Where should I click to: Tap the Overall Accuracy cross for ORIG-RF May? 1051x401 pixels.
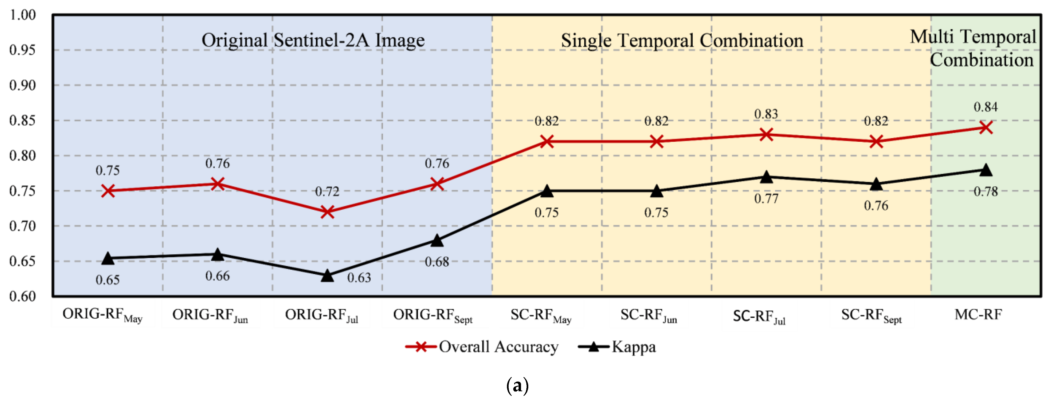108,191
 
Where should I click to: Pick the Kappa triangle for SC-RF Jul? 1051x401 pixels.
766,177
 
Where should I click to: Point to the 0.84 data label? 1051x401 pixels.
985,107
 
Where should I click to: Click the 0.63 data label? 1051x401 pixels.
359,278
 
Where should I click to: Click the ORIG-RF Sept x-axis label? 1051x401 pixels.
432,315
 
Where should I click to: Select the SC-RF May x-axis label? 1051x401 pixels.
541,315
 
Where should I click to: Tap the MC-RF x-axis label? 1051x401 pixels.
978,314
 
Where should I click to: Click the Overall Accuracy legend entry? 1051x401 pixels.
481,347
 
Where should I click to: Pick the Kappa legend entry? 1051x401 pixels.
617,347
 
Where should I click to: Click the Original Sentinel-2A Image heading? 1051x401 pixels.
313,40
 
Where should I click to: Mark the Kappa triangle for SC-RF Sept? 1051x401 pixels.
876,184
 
